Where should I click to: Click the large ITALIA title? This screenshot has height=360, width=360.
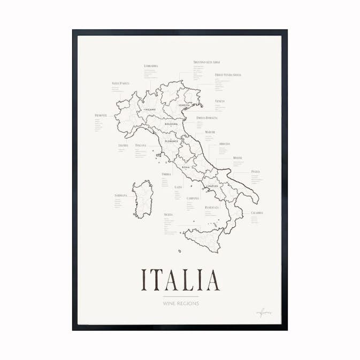tap(180, 280)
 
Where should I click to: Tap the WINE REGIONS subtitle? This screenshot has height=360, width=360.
tap(181, 303)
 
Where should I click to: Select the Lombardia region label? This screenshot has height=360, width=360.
tap(151, 66)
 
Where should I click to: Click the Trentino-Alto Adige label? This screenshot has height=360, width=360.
tap(206, 62)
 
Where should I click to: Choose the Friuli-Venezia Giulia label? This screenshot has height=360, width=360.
tap(228, 75)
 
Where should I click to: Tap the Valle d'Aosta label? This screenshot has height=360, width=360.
tap(120, 83)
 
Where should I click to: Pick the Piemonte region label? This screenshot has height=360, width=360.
tap(101, 115)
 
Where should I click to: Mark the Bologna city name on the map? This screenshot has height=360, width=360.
tap(171, 124)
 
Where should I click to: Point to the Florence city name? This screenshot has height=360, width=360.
tap(171, 141)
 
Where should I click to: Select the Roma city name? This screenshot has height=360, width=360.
tap(186, 167)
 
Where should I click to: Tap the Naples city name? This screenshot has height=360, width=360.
tap(212, 186)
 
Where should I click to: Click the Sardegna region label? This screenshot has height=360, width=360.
tap(121, 195)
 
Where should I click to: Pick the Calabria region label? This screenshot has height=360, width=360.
tap(257, 212)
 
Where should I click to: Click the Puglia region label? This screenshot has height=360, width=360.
tap(255, 172)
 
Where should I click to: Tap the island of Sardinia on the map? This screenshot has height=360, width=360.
tap(143, 199)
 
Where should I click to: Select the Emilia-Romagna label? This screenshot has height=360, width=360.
tap(207, 118)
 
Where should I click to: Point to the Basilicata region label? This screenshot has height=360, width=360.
tap(212, 206)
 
